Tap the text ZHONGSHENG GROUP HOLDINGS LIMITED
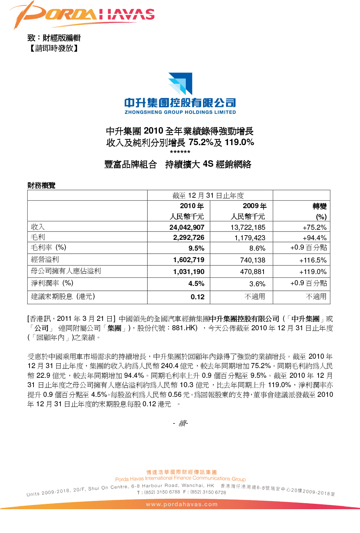[180, 112]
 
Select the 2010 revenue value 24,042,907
[187, 227]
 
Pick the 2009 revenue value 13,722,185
[248, 227]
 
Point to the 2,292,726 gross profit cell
[189, 238]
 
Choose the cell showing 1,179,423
[249, 238]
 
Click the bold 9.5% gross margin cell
[196, 248]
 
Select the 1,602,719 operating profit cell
[189, 260]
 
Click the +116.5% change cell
[313, 260]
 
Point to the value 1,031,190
[189, 272]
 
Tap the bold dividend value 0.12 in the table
[197, 297]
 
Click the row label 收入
[38, 227]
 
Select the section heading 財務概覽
[41, 185]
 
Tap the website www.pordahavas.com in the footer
[181, 504]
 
